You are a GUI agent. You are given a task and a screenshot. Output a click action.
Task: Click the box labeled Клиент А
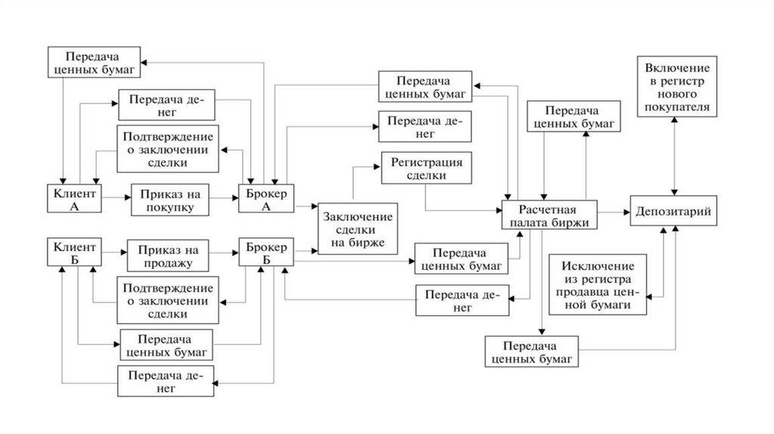click(x=76, y=198)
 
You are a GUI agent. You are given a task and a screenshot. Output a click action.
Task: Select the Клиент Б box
click(x=76, y=253)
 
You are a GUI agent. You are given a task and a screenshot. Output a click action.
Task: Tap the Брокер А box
click(x=267, y=198)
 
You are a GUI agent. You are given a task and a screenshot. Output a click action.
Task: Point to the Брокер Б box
click(x=267, y=253)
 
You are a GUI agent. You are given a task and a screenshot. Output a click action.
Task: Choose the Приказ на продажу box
click(x=169, y=255)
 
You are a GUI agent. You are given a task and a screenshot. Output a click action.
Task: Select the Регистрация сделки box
click(x=425, y=169)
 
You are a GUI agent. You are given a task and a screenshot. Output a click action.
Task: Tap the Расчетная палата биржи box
click(x=549, y=215)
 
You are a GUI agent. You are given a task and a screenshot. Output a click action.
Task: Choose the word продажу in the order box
click(x=169, y=262)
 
